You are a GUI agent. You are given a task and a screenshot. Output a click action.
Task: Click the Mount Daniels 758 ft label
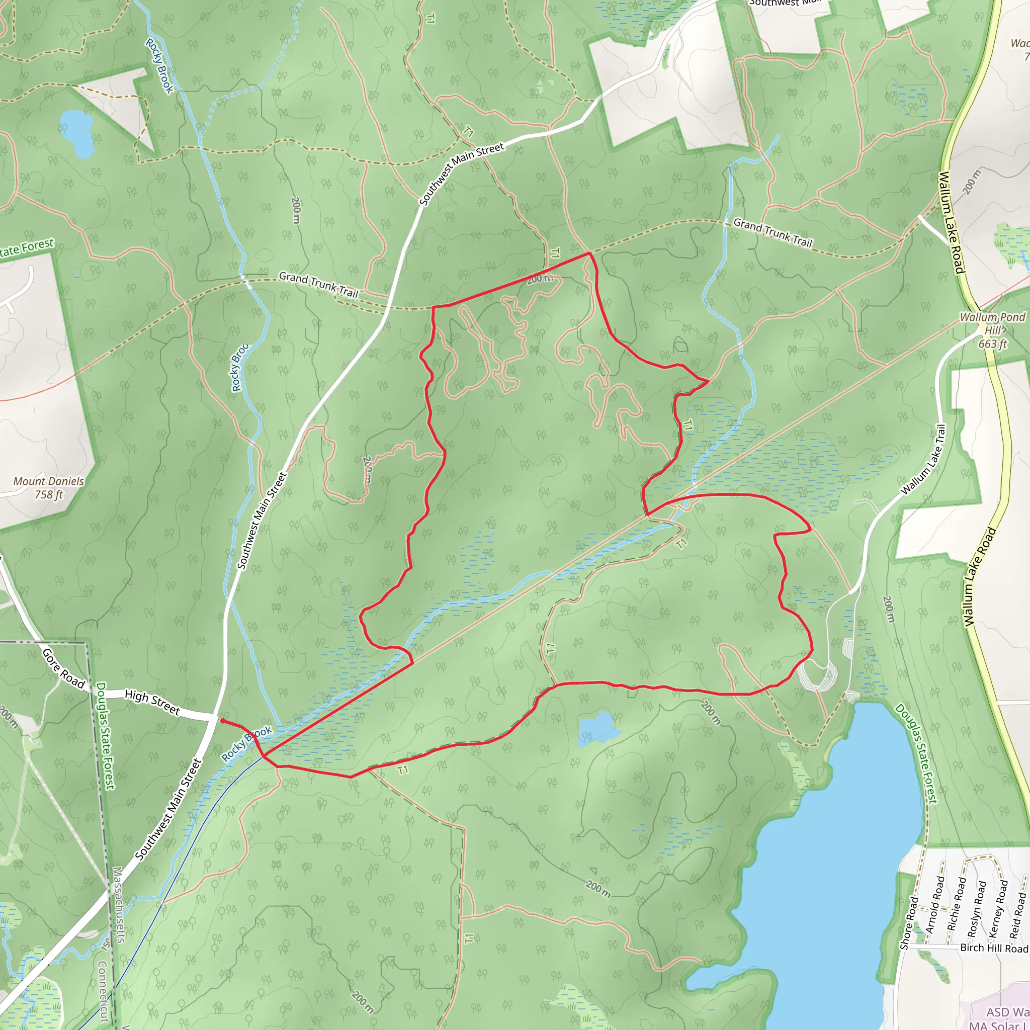(48, 488)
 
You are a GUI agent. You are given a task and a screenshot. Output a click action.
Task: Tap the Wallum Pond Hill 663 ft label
(992, 330)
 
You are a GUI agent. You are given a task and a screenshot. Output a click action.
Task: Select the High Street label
(152, 702)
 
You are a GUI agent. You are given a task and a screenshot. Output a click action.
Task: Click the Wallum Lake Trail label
(923, 460)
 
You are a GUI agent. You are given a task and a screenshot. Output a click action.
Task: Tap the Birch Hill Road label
(994, 948)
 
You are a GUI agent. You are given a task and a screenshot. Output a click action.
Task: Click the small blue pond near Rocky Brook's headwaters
(77, 133)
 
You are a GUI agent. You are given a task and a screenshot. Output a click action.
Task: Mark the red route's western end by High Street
(222, 721)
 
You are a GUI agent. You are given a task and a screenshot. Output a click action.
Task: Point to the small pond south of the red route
(597, 727)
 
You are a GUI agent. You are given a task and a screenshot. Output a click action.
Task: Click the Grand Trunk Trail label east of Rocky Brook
(318, 285)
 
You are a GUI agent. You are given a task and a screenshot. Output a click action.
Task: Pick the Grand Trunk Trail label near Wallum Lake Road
(772, 232)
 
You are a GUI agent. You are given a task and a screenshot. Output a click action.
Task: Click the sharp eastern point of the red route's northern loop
(708, 381)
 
